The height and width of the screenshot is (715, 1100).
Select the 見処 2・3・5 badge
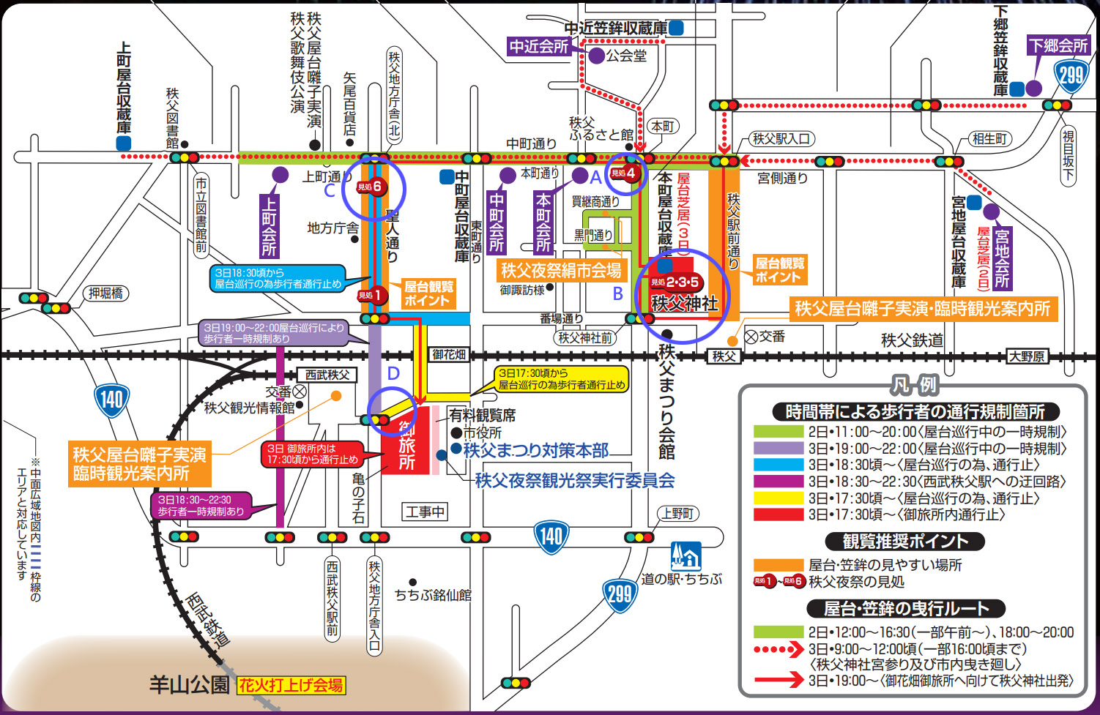click(x=675, y=282)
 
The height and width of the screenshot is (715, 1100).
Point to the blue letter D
click(x=393, y=374)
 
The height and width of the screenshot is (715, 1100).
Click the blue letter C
click(x=330, y=191)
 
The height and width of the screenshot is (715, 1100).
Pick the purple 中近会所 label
click(x=539, y=46)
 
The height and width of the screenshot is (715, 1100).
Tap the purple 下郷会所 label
click(x=1058, y=45)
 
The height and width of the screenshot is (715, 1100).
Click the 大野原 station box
click(x=1027, y=356)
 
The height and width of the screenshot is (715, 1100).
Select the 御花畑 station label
click(x=449, y=355)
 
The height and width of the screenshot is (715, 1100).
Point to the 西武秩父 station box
click(x=327, y=375)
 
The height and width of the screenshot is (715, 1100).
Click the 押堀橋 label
click(x=106, y=293)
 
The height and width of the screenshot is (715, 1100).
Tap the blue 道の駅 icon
click(x=685, y=556)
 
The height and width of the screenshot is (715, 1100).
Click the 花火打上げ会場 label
click(x=291, y=686)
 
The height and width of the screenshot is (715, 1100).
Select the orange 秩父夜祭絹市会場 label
click(x=561, y=271)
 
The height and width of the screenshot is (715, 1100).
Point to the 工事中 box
click(x=425, y=512)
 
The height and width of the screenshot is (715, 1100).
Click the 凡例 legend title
click(x=914, y=385)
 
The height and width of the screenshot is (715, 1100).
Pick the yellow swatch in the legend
click(x=778, y=498)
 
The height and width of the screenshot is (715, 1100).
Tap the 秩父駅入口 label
click(x=781, y=138)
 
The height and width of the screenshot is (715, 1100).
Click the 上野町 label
click(x=677, y=514)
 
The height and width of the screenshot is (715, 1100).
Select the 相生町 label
click(x=989, y=138)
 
